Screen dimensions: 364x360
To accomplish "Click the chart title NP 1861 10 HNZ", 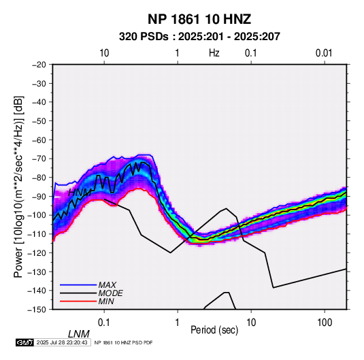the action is (199, 19).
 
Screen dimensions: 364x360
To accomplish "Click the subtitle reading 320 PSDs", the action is (144, 37).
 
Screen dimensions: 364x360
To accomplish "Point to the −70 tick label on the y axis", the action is (39, 159).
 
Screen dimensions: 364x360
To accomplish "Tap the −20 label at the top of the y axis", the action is (39, 65).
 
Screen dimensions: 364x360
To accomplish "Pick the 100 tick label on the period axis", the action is (325, 323).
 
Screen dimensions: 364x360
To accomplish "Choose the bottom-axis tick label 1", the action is (178, 323).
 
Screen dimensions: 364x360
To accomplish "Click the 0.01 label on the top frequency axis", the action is (324, 53).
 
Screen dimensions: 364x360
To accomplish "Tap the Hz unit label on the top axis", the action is (214, 53).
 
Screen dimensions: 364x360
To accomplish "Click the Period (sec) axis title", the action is (214, 330).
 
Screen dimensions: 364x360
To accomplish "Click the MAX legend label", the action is (107, 284).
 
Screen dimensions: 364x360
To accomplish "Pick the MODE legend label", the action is (110, 293).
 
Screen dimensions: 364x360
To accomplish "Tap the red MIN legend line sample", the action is (78, 301).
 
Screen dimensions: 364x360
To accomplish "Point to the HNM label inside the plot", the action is (80, 193).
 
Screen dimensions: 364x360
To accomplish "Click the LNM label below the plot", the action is (79, 334).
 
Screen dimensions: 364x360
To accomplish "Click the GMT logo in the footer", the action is (25, 342).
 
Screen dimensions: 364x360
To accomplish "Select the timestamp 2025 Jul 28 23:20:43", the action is (62, 342).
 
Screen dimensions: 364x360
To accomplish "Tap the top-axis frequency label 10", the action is (104, 53).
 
